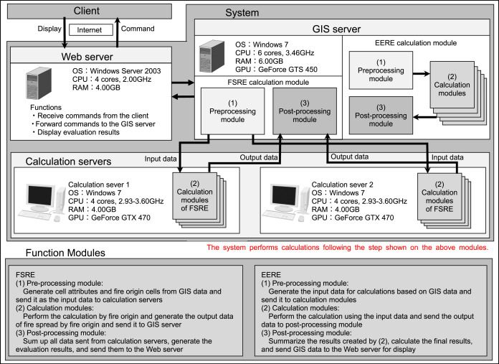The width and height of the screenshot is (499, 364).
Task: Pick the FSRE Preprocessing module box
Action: (229, 109)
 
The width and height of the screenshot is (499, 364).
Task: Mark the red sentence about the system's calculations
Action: (348, 247)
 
